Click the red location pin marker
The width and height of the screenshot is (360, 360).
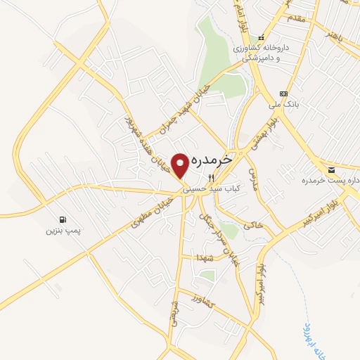(x=181, y=165)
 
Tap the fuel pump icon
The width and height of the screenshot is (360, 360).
(x=64, y=219)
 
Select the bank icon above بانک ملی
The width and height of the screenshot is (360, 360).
(x=283, y=94)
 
